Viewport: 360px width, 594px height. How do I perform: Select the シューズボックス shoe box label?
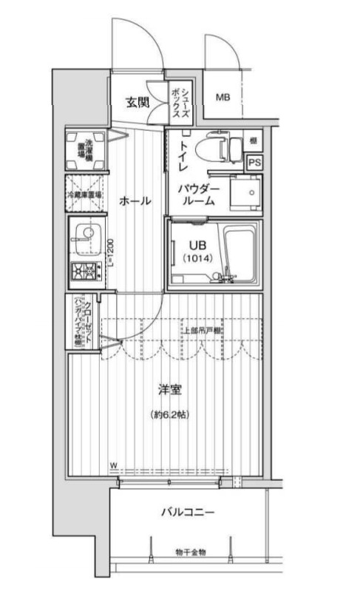tap(179, 101)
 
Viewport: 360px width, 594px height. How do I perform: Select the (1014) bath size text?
tap(195, 258)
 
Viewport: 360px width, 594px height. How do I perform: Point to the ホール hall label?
tap(135, 200)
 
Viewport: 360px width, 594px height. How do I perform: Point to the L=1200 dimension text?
tap(107, 254)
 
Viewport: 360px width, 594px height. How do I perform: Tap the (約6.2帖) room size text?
tap(169, 414)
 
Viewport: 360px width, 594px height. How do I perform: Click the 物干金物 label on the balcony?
tap(191, 552)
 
